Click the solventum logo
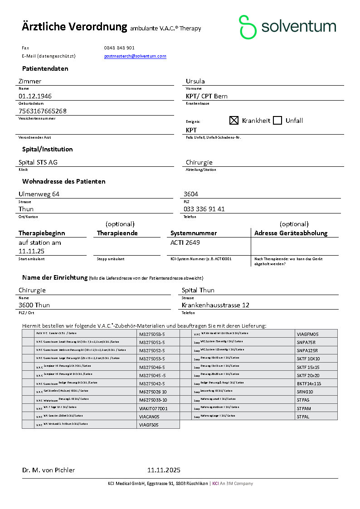pyautogui.click(x=287, y=26)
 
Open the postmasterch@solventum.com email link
pyautogui.click(x=135, y=56)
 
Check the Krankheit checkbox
pyautogui.click(x=234, y=121)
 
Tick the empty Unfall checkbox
pyautogui.click(x=278, y=121)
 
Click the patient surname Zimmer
pyautogui.click(x=30, y=82)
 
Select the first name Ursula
pyautogui.click(x=195, y=82)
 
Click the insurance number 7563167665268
pyautogui.click(x=43, y=111)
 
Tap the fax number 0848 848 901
pyautogui.click(x=119, y=48)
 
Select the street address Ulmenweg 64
pyautogui.click(x=39, y=194)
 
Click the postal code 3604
pyautogui.click(x=191, y=194)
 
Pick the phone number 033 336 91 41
pyautogui.click(x=204, y=209)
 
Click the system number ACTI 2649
pyautogui.click(x=185, y=242)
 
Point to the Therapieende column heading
pyautogui.click(x=117, y=233)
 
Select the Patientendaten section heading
pyautogui.click(x=45, y=68)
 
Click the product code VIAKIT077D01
pyautogui.click(x=153, y=408)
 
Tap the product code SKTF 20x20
pyautogui.click(x=308, y=375)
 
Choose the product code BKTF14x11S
pyautogui.click(x=309, y=383)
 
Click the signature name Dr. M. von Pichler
pyautogui.click(x=49, y=470)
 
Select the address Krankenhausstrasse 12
pyautogui.click(x=216, y=305)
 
